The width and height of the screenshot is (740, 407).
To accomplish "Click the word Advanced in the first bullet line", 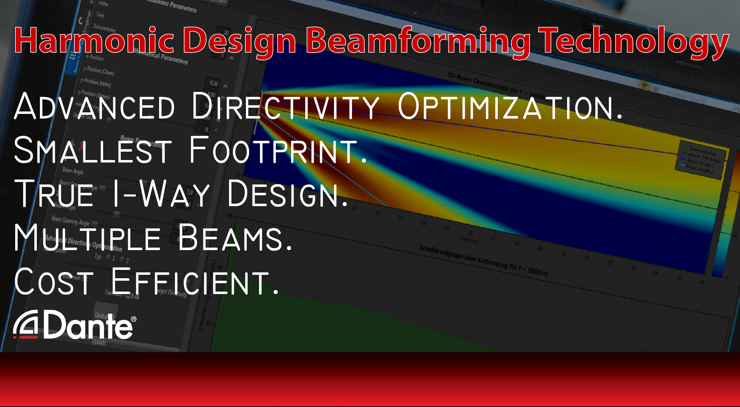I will coord(94,107).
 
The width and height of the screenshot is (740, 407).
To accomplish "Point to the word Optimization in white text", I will coord(509,107).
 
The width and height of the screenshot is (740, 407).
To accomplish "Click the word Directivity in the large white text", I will coord(285,107).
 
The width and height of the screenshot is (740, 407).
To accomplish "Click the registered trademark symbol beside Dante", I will coord(134,319).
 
